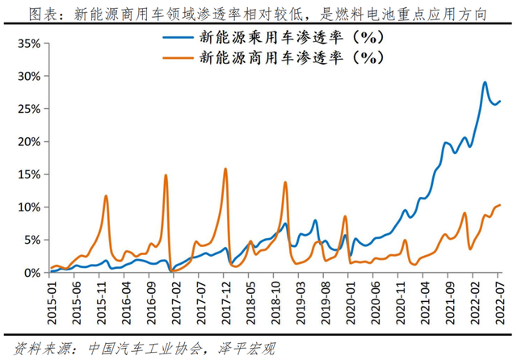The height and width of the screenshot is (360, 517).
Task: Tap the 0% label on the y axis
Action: click(31, 273)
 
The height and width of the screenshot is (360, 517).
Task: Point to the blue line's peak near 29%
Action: click(485, 82)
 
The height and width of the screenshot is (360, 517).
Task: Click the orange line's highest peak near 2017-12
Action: click(225, 169)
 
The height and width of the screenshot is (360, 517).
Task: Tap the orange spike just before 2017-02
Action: click(166, 175)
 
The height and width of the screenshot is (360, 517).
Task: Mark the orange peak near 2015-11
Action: click(106, 196)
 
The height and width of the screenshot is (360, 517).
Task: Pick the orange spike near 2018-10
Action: click(285, 182)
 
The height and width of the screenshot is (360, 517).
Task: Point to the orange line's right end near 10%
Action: click(500, 205)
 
